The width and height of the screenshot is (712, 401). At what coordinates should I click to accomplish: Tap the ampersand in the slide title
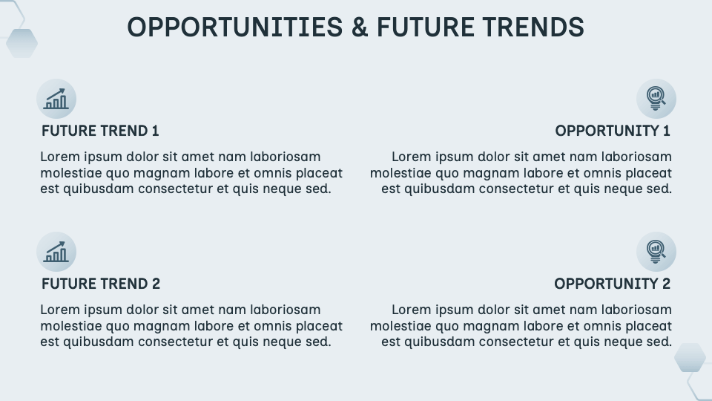(360, 27)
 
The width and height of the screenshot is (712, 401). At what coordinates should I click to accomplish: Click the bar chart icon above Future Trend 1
(56, 99)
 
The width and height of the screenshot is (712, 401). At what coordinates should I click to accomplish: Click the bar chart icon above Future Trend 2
(56, 252)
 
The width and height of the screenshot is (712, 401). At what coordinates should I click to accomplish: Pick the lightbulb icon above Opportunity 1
(656, 99)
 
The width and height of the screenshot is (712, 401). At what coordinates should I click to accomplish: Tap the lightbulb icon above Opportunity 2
(656, 252)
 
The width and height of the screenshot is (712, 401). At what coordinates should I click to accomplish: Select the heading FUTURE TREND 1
(100, 131)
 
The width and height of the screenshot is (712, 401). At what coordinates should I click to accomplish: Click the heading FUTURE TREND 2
(101, 284)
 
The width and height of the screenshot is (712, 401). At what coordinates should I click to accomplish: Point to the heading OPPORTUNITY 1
(613, 131)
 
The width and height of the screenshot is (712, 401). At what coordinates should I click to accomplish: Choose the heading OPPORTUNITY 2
(612, 284)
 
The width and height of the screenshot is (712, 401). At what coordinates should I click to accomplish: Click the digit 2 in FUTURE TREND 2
(156, 284)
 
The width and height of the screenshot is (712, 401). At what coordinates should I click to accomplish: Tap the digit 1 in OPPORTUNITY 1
(667, 131)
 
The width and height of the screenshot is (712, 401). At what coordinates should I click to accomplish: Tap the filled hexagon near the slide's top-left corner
(22, 43)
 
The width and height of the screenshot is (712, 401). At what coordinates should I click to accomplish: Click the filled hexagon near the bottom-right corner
(690, 357)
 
